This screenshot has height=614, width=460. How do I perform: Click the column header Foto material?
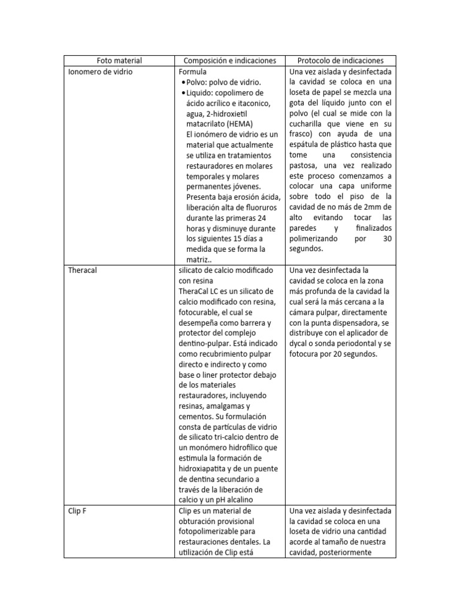119,61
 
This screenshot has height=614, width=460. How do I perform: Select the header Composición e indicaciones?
229,61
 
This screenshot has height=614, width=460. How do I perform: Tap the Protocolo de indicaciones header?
340,61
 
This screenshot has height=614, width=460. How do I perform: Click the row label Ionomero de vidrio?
100,71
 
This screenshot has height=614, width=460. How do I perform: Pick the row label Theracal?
83,270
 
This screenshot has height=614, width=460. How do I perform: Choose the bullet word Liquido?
202,92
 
